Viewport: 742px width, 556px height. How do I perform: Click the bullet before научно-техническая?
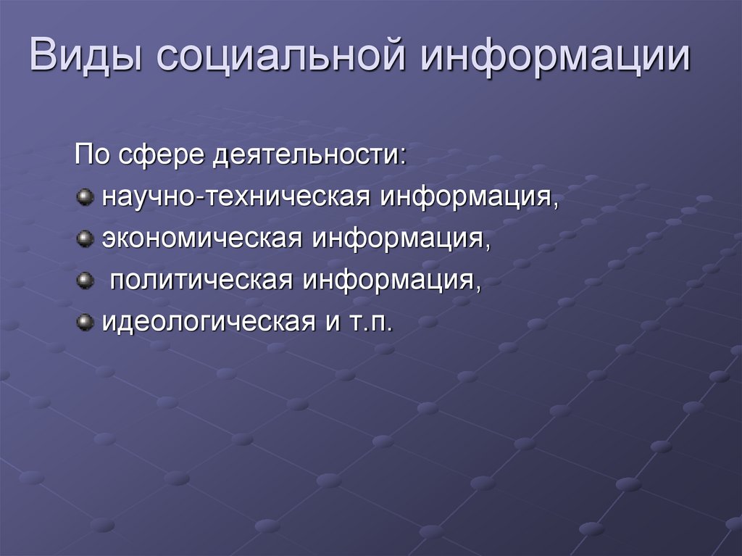point(86,197)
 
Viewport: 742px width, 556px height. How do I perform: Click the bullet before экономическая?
point(86,238)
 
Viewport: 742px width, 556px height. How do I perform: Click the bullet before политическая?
point(86,279)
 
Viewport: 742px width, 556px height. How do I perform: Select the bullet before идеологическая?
point(86,320)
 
